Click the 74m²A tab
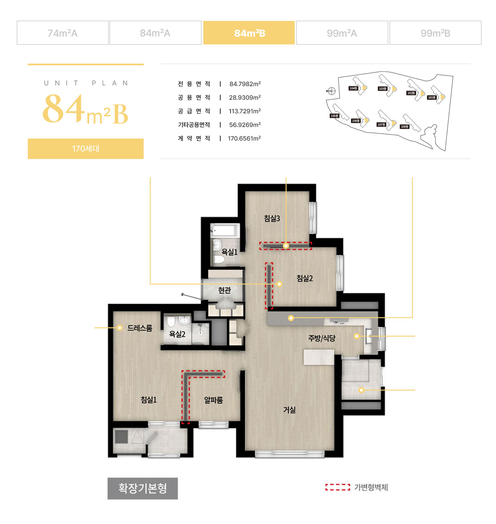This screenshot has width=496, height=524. coord(63,33)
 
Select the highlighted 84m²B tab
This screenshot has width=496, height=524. coord(249,33)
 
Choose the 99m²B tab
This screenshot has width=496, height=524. coord(435,33)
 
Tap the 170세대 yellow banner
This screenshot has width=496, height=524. coord(86,149)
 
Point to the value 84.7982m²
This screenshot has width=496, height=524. coord(245,84)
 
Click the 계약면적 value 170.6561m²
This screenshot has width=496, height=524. coord(244,138)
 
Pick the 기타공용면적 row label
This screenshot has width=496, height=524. coord(194,125)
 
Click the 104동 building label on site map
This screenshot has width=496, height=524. coord(353,88)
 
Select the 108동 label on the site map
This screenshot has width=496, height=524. coord(405,127)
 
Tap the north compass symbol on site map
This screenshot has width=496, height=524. coord(331,91)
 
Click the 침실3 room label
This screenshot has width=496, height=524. coord(272,218)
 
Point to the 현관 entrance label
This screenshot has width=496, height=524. coord(224,290)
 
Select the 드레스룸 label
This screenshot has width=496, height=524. coord(139,328)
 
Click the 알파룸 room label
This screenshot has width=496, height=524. coord(213,400)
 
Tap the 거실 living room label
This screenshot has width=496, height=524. coord(289,410)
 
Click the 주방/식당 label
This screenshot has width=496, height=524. coord(322,338)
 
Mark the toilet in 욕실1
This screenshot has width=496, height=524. coord(219,259)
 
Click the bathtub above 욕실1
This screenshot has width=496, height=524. coord(225,230)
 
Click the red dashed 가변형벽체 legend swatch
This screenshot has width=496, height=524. coord(338,487)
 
